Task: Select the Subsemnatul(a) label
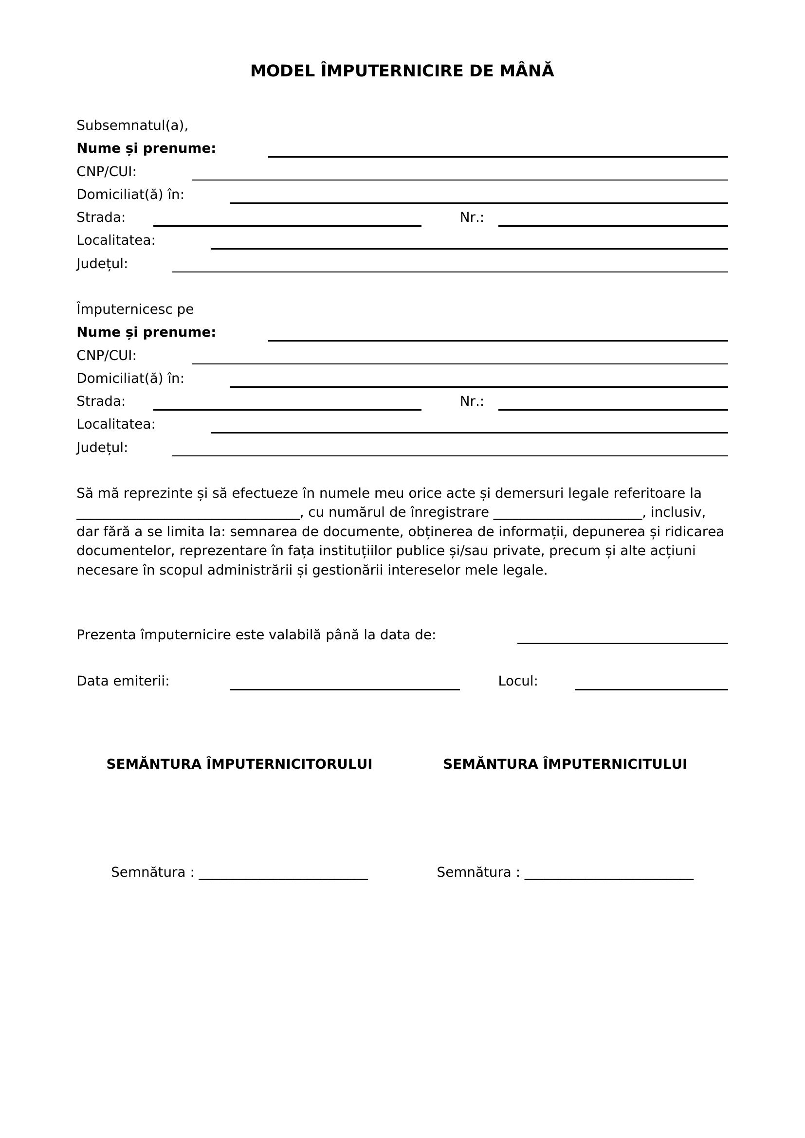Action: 132,126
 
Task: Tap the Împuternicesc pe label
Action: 135,310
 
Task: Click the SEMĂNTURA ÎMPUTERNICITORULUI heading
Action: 239,764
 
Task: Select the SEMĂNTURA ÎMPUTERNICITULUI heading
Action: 565,764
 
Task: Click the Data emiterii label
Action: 123,682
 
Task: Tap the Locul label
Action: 517,682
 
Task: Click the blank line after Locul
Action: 651,688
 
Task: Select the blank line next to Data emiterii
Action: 345,688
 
